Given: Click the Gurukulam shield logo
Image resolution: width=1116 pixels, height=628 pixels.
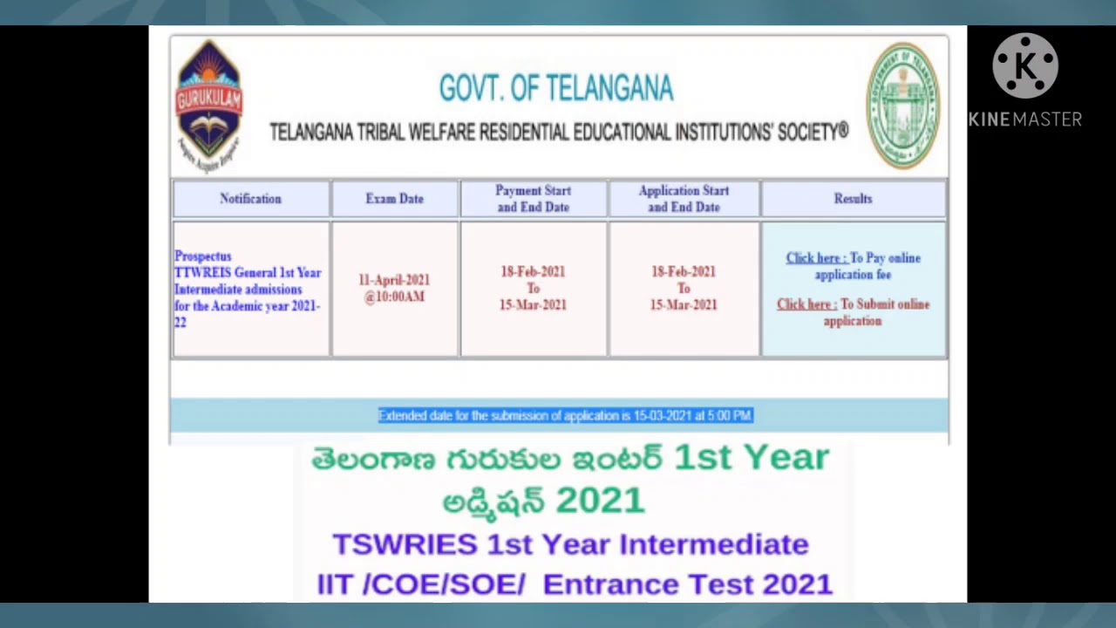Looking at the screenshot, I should tap(209, 103).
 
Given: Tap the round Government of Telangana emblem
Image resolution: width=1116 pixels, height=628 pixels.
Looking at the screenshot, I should tap(903, 105).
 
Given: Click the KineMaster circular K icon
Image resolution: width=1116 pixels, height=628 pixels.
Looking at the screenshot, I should tap(1024, 66).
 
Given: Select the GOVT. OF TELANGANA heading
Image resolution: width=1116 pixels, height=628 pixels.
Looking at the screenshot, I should tap(555, 88).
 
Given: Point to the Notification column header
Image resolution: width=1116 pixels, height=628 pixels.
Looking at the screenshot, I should tap(250, 199).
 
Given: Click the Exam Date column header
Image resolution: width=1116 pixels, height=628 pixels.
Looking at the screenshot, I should tap(394, 199).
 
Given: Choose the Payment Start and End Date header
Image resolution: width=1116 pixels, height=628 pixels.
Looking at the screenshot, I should tap(533, 199).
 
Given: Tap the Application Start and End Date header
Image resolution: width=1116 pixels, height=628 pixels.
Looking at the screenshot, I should tap(684, 199).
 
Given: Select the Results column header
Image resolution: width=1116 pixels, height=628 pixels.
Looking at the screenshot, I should tap(853, 199).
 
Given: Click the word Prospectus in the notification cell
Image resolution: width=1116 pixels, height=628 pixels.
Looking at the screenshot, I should tap(203, 256).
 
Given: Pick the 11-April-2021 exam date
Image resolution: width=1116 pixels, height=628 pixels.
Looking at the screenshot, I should tap(394, 280).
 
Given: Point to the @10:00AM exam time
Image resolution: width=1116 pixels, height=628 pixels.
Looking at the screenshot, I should tap(394, 297).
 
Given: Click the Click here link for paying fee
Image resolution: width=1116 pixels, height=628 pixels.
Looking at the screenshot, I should tap(815, 258).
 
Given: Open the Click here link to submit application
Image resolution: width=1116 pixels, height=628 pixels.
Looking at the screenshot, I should tap(806, 304).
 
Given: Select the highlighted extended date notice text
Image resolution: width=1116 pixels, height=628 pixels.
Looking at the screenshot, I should tap(565, 416).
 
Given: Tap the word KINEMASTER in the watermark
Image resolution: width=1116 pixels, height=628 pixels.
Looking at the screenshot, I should tap(1024, 119).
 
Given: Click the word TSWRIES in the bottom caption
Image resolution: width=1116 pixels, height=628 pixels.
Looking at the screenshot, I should tap(405, 544).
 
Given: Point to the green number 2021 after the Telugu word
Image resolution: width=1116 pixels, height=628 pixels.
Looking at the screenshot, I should tap(600, 501).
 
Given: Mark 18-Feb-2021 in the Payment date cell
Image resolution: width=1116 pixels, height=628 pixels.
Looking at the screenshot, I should tap(533, 272).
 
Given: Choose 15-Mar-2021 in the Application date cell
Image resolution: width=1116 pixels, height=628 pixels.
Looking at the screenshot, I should tap(684, 305).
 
